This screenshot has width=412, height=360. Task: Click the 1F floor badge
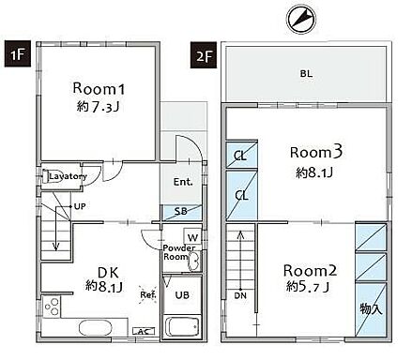point(18,53)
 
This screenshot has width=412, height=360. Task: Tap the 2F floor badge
point(204,55)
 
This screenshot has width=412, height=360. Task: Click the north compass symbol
point(301,19)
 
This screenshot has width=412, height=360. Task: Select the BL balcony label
point(306,74)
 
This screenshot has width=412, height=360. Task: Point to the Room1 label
point(99,88)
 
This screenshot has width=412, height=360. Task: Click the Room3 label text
point(316,152)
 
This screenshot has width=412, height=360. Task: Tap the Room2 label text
point(310,271)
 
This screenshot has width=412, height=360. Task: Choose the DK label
point(108,273)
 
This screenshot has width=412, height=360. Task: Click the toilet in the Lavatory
point(46,176)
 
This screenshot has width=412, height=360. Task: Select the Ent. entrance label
point(183,182)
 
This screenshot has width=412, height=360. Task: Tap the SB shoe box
point(181,212)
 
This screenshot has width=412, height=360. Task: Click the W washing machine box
point(192,237)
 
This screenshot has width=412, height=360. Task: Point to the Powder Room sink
point(193,260)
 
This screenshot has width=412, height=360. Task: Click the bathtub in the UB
point(182,327)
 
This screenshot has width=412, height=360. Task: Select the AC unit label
point(144,331)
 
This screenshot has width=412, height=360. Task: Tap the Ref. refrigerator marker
point(147,294)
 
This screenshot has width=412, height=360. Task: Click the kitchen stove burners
point(52,307)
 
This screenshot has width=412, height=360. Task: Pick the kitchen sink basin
point(96,328)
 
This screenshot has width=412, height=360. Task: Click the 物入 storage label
point(372,309)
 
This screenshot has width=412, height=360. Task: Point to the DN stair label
point(240,295)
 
